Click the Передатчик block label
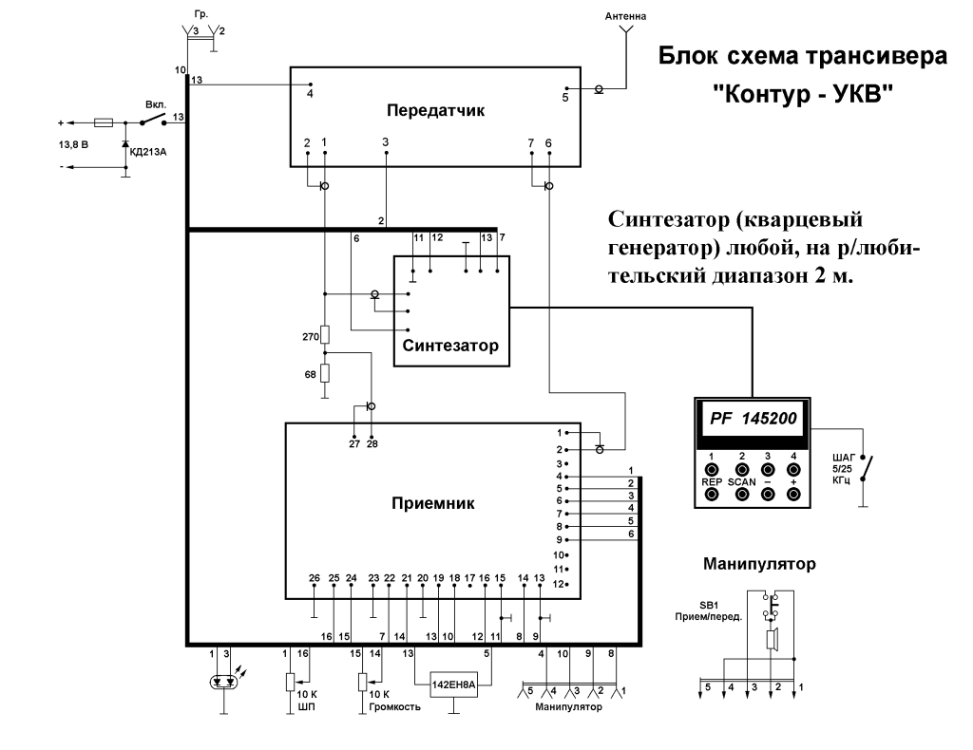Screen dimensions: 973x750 click(435, 111)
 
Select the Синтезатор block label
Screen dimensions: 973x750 click(450, 346)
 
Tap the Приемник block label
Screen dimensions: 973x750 click(433, 503)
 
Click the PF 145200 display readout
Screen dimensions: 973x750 click(753, 419)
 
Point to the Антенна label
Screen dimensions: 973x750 click(625, 16)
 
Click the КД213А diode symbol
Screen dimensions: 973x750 click(126, 145)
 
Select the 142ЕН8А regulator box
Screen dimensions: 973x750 click(454, 684)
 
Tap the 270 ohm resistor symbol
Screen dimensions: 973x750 click(324, 335)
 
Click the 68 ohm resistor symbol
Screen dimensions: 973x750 click(324, 373)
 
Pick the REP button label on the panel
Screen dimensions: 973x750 click(711, 482)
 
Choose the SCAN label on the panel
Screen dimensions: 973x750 click(741, 482)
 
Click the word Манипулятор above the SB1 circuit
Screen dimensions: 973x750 click(759, 564)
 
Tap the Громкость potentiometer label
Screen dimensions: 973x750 click(394, 706)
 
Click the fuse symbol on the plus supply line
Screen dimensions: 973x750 click(103, 122)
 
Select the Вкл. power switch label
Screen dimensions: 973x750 click(156, 104)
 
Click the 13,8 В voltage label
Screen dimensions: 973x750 click(73, 144)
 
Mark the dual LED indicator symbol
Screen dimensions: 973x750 click(224, 683)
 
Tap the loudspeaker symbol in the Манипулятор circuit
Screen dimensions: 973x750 click(772, 640)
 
